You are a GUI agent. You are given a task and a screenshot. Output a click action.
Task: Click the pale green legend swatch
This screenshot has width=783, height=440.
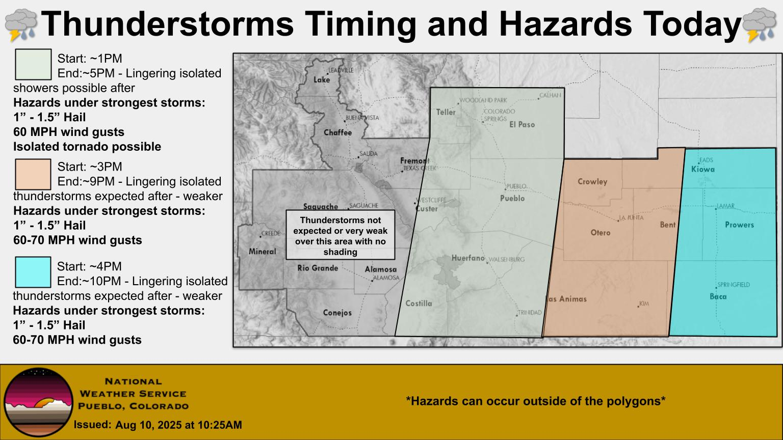click(x=33, y=64)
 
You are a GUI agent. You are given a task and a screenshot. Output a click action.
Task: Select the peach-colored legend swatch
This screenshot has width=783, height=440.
click(x=33, y=174)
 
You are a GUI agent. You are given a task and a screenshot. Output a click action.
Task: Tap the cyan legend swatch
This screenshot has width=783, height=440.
click(x=33, y=272)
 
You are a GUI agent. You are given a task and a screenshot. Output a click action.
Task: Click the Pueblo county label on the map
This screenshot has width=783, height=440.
click(x=512, y=198)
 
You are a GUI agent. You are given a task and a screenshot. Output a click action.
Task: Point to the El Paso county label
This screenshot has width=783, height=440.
click(x=522, y=124)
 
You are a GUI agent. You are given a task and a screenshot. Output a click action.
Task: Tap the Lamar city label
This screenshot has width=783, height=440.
click(x=726, y=206)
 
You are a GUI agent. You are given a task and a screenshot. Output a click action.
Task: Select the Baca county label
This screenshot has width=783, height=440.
click(x=718, y=296)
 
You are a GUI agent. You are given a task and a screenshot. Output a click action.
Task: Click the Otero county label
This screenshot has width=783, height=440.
click(x=600, y=233)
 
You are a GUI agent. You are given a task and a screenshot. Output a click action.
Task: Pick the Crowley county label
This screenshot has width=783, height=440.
click(x=592, y=182)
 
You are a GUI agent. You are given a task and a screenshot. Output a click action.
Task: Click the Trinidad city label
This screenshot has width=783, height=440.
click(x=530, y=313)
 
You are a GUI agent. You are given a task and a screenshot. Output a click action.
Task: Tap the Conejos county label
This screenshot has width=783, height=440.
click(x=337, y=313)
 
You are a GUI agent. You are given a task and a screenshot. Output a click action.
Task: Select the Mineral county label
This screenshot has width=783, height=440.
click(x=262, y=252)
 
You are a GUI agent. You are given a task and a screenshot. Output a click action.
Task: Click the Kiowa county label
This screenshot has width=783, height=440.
click(x=703, y=170)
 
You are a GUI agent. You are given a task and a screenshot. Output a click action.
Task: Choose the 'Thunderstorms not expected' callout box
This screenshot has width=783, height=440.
click(x=340, y=235)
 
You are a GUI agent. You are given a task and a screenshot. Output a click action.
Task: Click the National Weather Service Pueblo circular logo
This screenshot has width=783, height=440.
click(x=38, y=402)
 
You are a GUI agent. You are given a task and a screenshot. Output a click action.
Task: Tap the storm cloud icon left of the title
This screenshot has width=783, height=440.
click(x=21, y=24)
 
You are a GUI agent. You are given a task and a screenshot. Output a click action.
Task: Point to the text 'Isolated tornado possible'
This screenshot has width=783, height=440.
click(x=87, y=147)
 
